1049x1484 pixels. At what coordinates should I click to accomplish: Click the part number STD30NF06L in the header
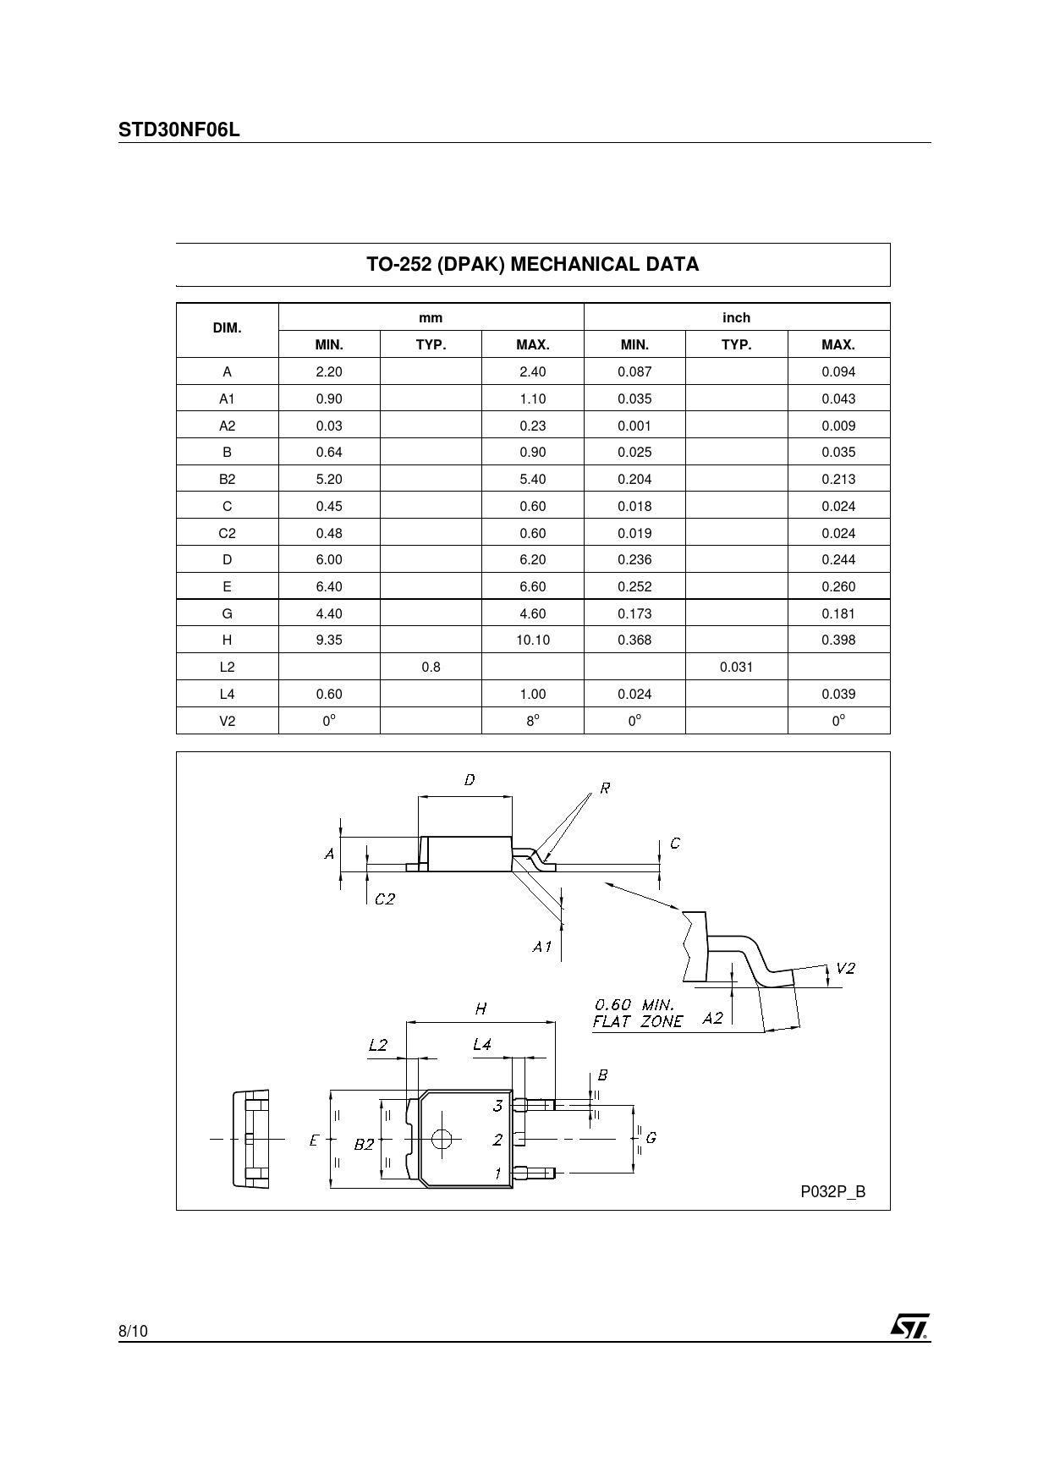[x=179, y=130]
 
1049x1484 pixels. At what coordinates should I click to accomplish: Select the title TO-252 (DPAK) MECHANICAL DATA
[x=533, y=265]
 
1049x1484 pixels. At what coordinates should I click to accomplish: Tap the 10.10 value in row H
[x=533, y=640]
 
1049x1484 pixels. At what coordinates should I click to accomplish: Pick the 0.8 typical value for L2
[x=431, y=668]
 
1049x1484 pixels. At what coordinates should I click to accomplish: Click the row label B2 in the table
[x=227, y=480]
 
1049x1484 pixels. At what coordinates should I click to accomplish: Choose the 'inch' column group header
[x=736, y=318]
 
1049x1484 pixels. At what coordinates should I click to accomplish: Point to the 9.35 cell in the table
[x=329, y=640]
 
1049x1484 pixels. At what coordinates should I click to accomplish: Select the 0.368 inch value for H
[x=634, y=640]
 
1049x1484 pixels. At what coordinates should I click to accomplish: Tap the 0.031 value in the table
[x=736, y=668]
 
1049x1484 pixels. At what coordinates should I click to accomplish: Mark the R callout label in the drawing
[x=605, y=789]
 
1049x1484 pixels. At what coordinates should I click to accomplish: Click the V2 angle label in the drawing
[x=845, y=969]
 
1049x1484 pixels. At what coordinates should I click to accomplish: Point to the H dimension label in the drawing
[x=481, y=1009]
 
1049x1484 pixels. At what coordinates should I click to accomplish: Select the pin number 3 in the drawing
[x=498, y=1106]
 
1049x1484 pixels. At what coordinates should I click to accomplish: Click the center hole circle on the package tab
[x=441, y=1139]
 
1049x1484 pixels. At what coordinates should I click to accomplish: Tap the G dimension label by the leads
[x=651, y=1139]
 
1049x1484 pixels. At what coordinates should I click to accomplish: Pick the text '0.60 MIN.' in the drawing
[x=634, y=1005]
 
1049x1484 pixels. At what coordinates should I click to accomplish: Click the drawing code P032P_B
[x=833, y=1192]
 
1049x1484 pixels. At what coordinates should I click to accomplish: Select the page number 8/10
[x=133, y=1332]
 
